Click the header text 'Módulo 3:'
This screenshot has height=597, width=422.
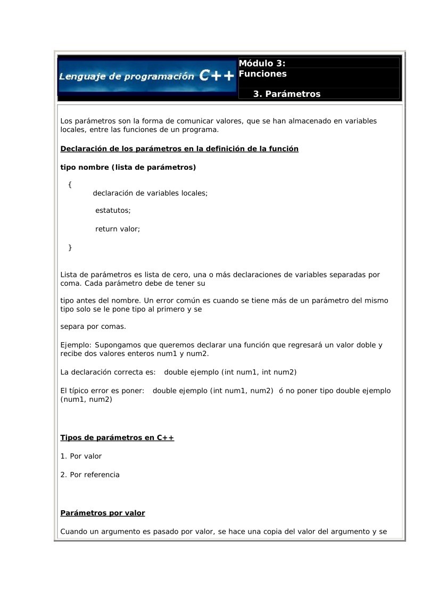tap(262, 63)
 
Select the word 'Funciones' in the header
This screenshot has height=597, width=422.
tap(263, 74)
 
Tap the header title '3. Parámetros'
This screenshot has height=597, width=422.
tap(287, 94)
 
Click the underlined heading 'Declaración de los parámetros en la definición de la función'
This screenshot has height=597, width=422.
tap(179, 149)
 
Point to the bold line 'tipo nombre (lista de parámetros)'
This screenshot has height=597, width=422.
tap(128, 168)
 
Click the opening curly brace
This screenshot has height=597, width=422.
tap(70, 184)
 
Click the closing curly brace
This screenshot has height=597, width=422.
tap(70, 247)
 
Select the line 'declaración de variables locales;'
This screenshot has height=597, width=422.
tap(150, 193)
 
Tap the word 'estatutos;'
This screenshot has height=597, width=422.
tap(113, 211)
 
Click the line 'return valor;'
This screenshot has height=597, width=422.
tap(118, 229)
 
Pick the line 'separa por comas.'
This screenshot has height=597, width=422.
tap(94, 326)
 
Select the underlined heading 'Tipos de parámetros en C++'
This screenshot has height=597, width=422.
tap(117, 438)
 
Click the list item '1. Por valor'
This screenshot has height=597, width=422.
tap(81, 457)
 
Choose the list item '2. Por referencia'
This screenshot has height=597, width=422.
tap(90, 475)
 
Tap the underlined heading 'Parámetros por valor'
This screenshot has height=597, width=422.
tap(103, 513)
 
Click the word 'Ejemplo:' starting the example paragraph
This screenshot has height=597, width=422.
tap(77, 345)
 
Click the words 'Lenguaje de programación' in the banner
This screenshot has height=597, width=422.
tap(127, 76)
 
